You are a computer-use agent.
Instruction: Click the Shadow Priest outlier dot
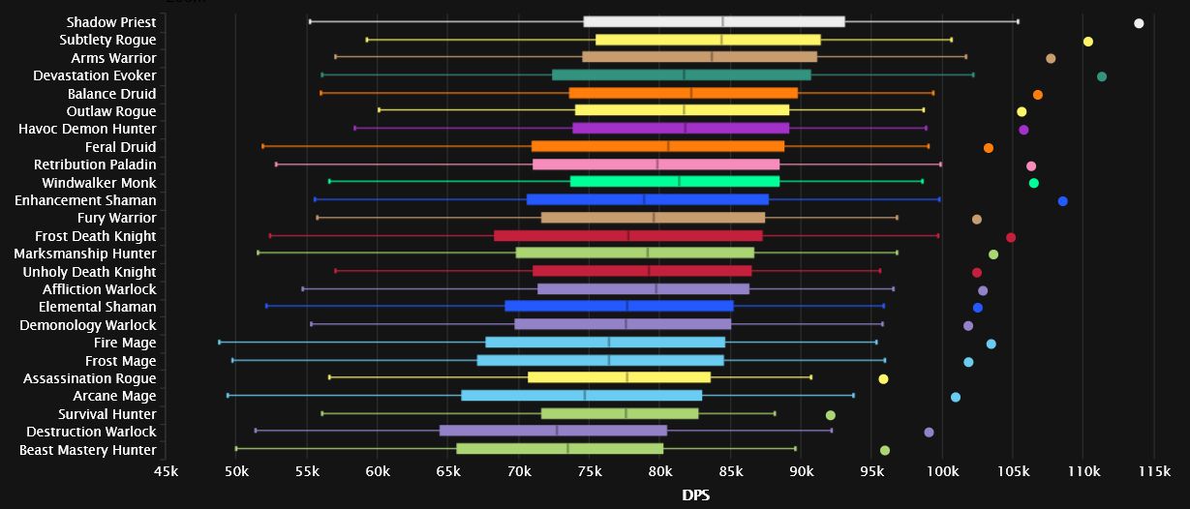click(x=1139, y=23)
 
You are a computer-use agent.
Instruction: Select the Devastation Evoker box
click(x=682, y=75)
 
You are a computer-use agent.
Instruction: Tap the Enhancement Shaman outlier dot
click(x=1062, y=201)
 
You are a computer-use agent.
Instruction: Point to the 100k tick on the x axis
click(x=943, y=471)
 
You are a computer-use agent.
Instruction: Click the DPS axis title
click(x=695, y=494)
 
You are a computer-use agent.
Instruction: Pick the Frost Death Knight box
click(x=628, y=236)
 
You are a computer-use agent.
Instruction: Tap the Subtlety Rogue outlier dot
click(x=1087, y=42)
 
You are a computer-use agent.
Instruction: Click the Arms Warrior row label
click(x=113, y=58)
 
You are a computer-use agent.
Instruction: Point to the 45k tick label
click(x=166, y=471)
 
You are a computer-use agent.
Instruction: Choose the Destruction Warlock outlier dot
click(x=929, y=433)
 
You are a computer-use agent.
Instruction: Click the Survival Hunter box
click(x=620, y=414)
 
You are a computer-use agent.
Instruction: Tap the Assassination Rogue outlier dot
click(x=883, y=379)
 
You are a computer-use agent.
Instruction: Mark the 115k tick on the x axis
click(x=1155, y=471)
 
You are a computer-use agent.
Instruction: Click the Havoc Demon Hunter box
click(x=681, y=129)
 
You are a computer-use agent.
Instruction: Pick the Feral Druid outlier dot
click(x=988, y=148)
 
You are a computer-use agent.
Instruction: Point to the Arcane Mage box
click(x=582, y=396)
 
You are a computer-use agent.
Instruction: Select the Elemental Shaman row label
click(x=97, y=307)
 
